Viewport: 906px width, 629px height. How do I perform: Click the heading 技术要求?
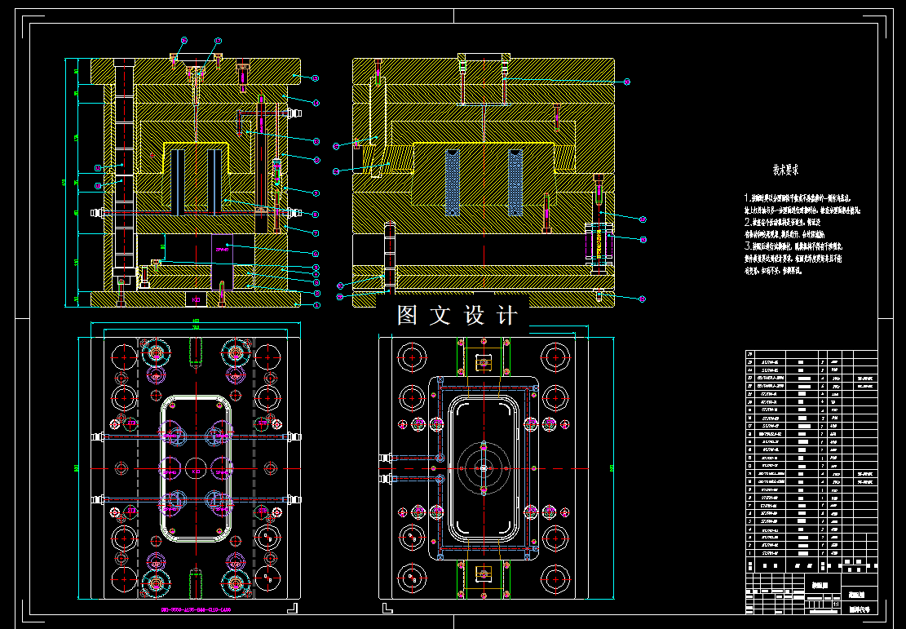[x=785, y=171]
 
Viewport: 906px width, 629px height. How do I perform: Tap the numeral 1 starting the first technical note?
[x=746, y=198]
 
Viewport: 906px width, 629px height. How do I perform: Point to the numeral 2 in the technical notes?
[x=746, y=221]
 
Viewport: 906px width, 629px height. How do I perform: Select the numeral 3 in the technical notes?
[x=746, y=245]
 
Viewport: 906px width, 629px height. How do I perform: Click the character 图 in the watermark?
[x=407, y=316]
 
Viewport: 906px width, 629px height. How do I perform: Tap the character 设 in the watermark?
[x=474, y=316]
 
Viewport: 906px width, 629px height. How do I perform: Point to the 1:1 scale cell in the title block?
[x=837, y=603]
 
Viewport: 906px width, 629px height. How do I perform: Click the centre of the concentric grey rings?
[x=484, y=467]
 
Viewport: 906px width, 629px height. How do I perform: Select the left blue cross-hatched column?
[x=453, y=181]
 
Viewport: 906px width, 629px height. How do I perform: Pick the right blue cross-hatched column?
[x=515, y=181]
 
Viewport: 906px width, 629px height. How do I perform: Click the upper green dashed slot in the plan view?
[x=196, y=352]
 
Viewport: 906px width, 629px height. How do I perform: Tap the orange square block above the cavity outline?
[x=484, y=362]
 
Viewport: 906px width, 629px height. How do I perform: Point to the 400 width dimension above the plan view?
[x=196, y=321]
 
